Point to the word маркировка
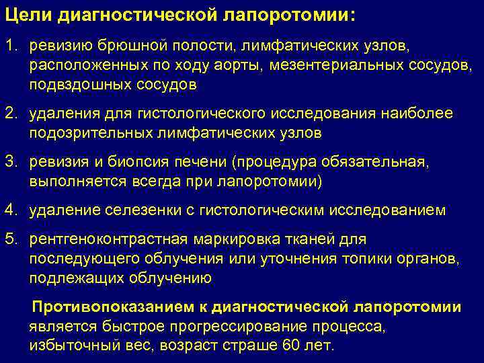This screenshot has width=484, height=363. pyautogui.click(x=227, y=239)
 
